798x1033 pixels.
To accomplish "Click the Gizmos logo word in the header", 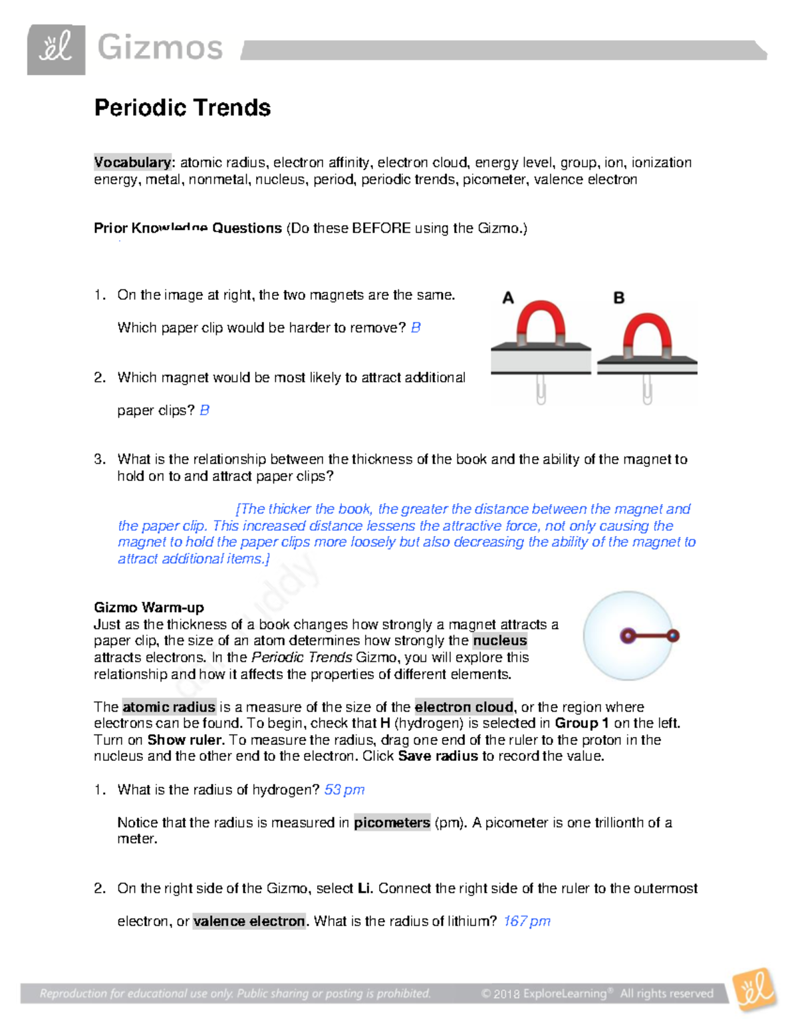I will click(160, 49).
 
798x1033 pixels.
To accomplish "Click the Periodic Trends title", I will click(182, 108).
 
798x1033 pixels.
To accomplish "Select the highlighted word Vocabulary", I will click(132, 162).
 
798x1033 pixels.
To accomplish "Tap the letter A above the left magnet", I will click(508, 298).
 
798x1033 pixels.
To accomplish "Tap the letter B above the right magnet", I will click(618, 298).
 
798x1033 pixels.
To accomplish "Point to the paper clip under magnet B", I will click(647, 390).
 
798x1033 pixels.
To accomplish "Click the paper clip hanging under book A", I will click(541, 390).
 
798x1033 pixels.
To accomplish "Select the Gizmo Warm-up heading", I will click(149, 607).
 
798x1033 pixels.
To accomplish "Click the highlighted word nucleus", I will click(499, 641).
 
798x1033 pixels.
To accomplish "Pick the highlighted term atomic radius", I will click(169, 706).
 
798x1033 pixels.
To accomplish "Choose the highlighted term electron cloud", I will click(464, 706).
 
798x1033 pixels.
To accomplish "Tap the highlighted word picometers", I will click(392, 823).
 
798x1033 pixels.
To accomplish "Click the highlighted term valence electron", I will click(249, 921).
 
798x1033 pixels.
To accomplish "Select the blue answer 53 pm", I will click(344, 790).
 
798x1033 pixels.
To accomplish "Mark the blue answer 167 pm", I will click(527, 921).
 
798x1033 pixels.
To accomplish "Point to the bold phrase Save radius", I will click(438, 756).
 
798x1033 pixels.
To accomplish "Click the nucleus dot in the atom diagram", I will click(627, 636).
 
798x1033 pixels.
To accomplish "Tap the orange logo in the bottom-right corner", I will click(755, 990).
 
